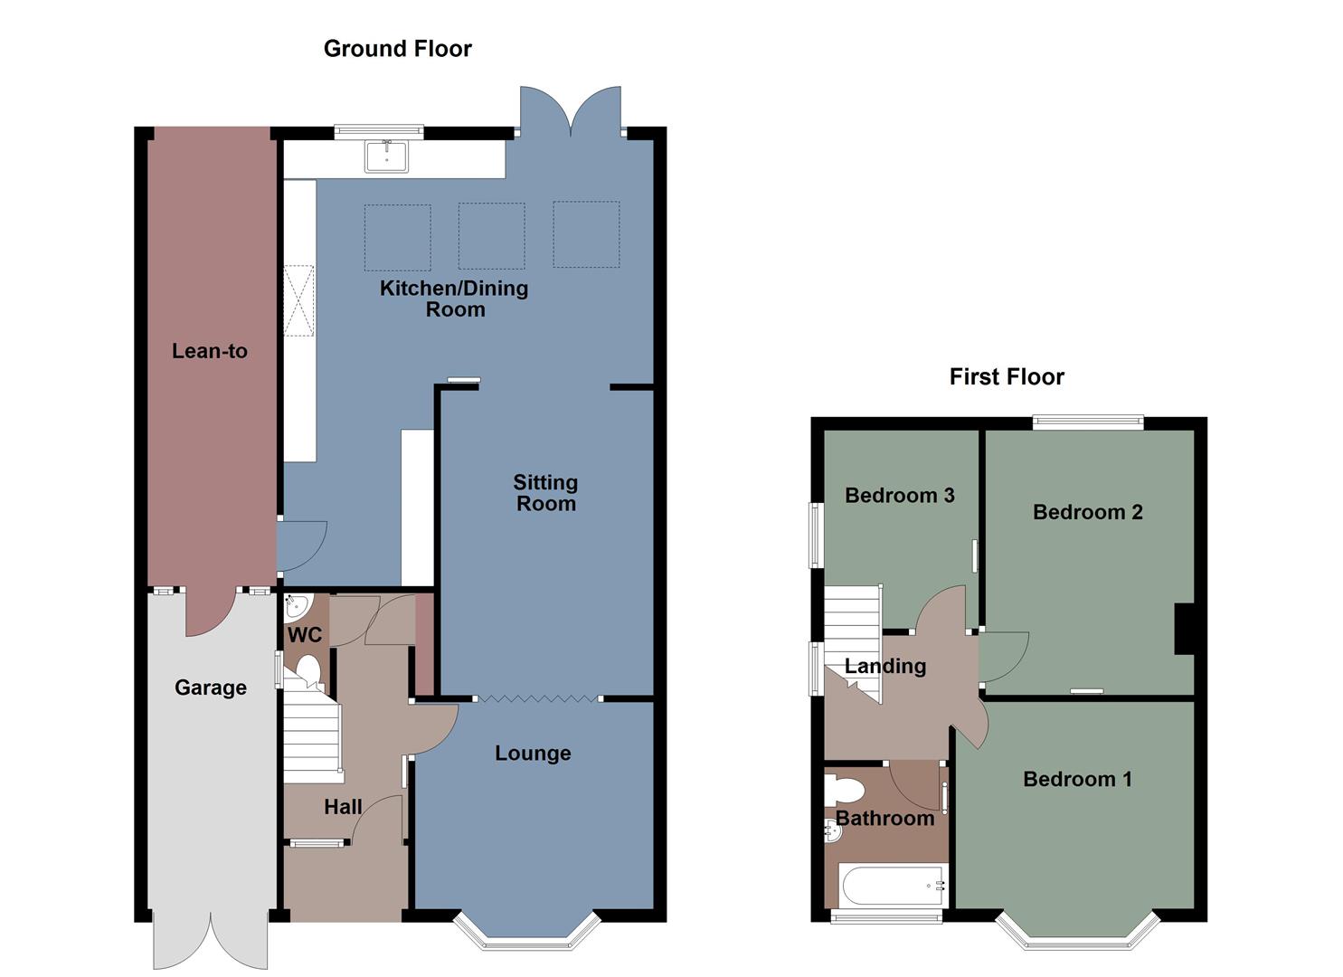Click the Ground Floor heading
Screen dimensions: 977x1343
pos(397,49)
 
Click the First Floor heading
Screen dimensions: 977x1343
pos(1006,377)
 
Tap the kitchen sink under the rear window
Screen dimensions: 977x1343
pos(386,157)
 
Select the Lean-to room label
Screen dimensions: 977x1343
pos(210,351)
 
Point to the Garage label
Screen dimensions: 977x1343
pos(210,688)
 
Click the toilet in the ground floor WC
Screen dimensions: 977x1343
pos(307,671)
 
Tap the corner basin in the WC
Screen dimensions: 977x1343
pos(296,605)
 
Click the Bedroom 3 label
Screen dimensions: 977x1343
pos(899,495)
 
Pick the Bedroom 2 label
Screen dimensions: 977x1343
pos(1087,512)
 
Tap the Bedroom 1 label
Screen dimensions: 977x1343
pos(1076,779)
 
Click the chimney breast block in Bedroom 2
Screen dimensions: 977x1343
pos(1184,628)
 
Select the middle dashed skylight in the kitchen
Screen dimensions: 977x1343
pos(491,236)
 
